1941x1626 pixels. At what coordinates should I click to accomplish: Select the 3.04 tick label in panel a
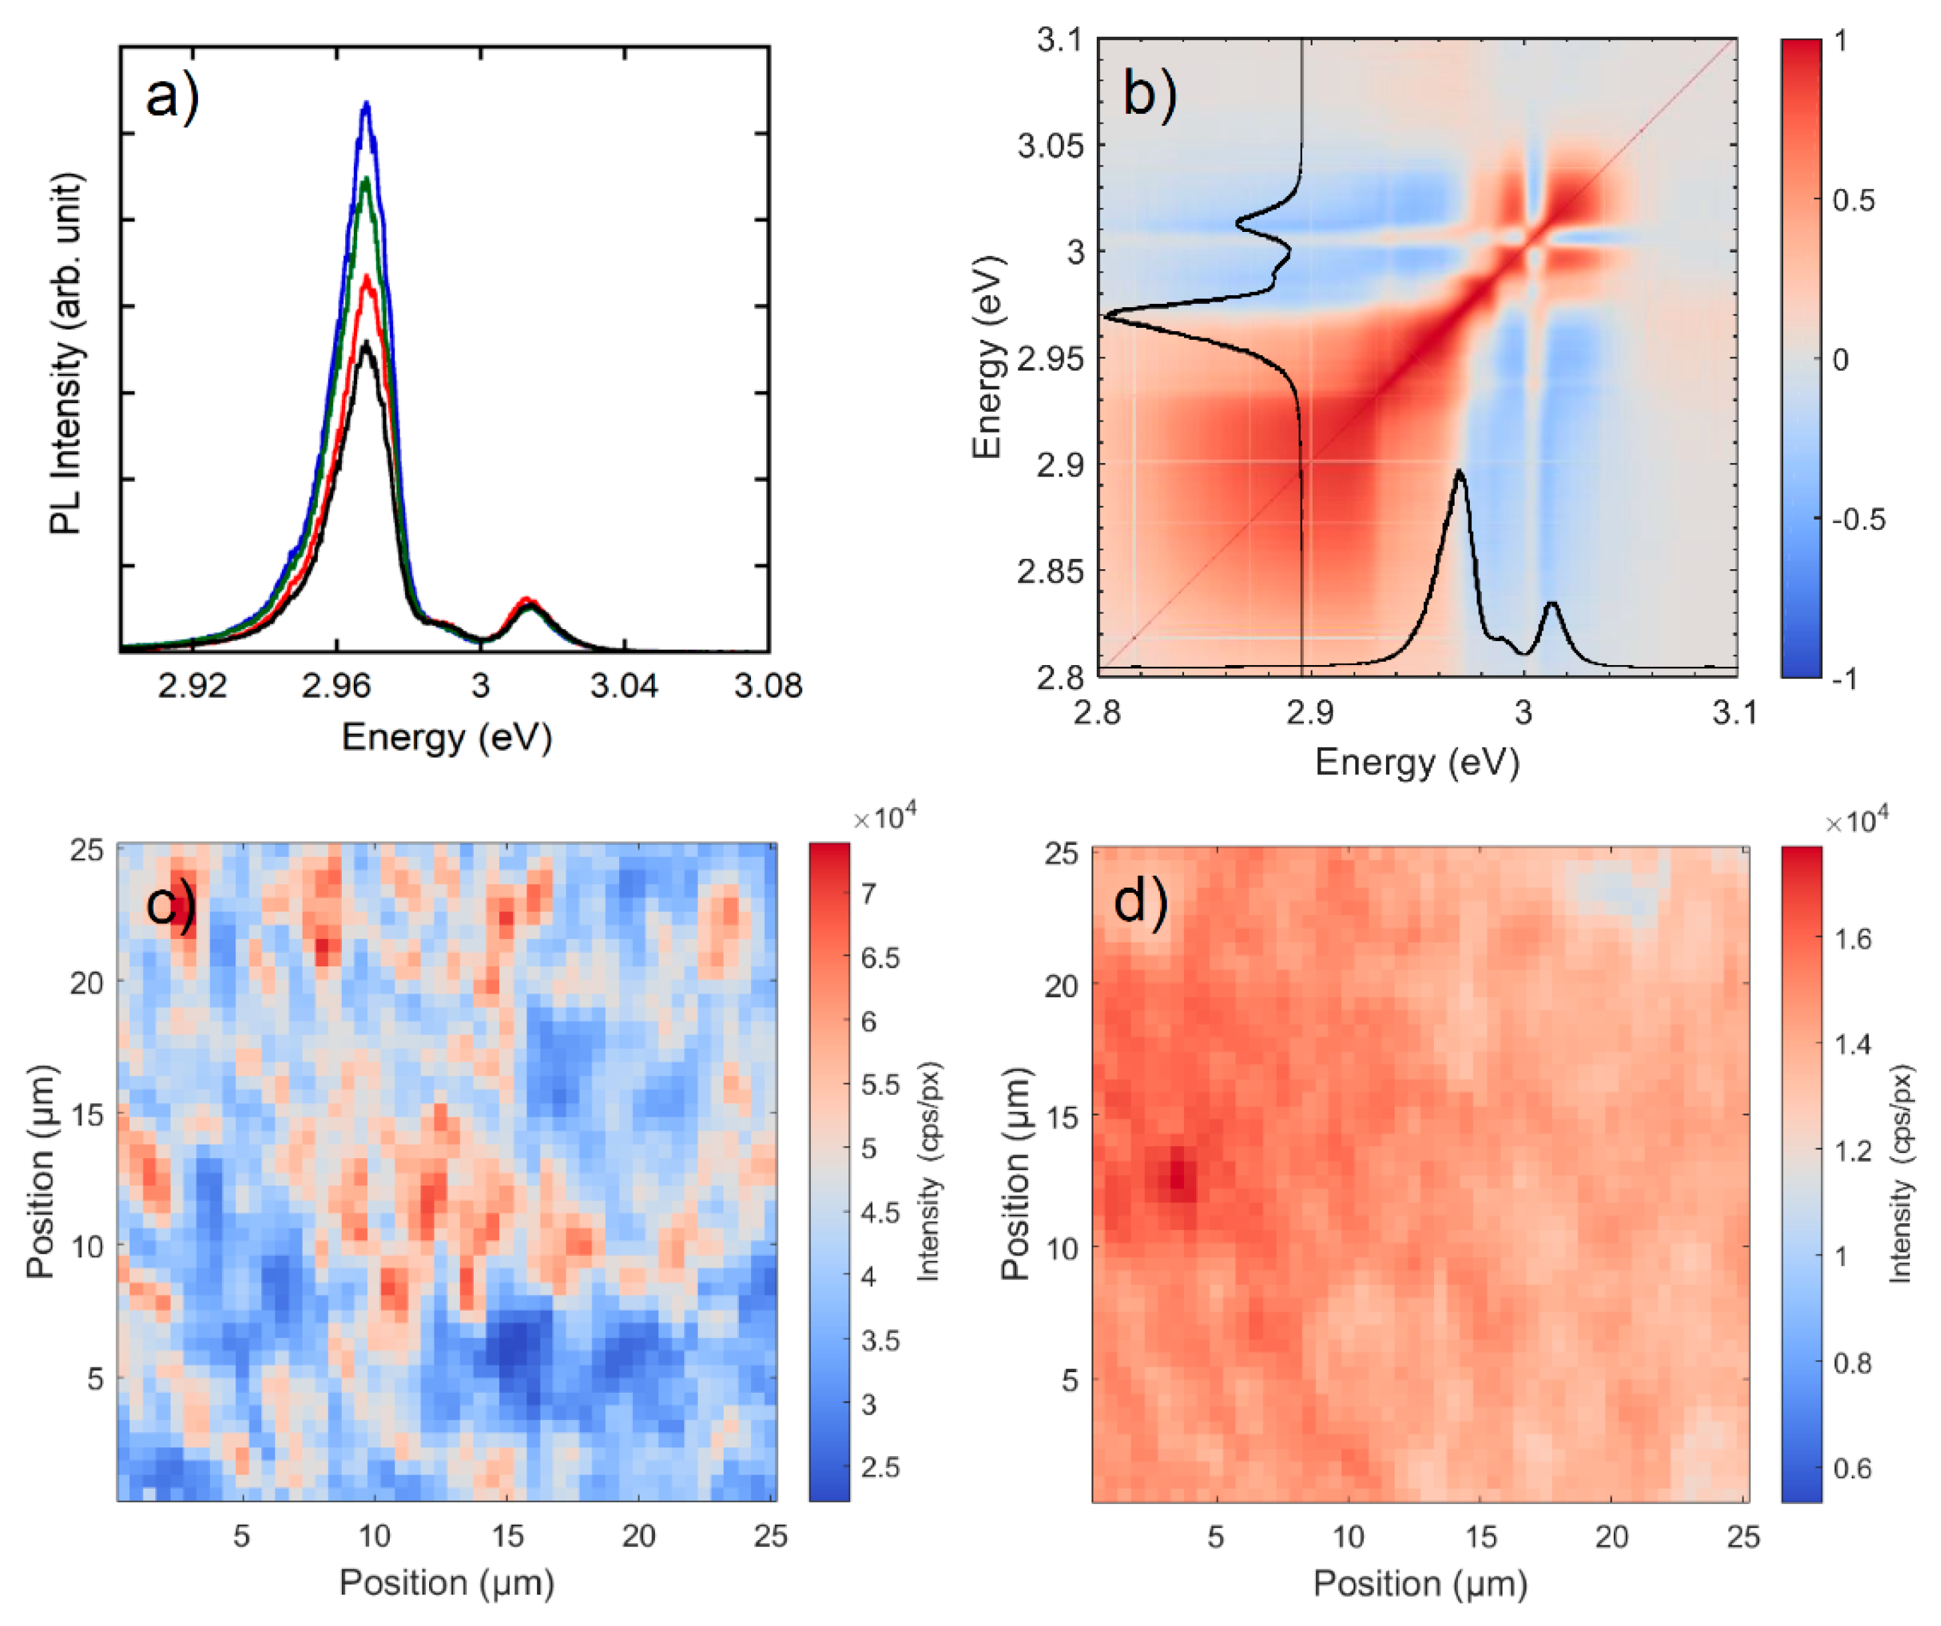coord(625,686)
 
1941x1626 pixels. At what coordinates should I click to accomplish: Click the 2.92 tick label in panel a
coord(193,686)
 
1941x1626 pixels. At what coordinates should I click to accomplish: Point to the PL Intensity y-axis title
coord(67,353)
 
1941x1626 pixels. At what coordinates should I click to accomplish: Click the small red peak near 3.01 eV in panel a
coord(526,600)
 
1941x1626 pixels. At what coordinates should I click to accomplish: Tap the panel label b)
coord(1149,93)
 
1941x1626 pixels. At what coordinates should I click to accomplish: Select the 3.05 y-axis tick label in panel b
coord(1050,145)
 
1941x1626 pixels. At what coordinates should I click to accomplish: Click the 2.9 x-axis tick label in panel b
coord(1310,712)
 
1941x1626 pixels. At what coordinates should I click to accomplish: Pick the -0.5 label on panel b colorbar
coord(1858,520)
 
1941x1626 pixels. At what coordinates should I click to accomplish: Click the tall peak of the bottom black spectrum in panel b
coord(1459,473)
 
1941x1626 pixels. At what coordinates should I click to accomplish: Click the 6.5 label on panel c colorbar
coord(880,958)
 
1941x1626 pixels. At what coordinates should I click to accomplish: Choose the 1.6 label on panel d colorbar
coord(1852,939)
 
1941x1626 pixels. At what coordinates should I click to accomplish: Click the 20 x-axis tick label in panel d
coord(1611,1536)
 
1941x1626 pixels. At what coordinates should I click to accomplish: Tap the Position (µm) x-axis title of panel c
coord(446,1583)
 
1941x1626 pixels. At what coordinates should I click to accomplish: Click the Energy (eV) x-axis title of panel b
coord(1417,762)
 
